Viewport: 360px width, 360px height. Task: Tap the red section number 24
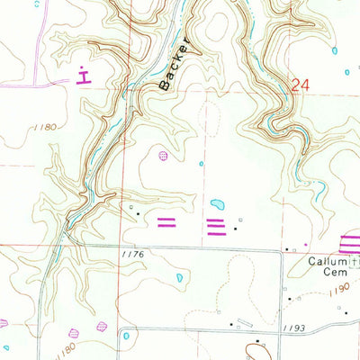click(300, 85)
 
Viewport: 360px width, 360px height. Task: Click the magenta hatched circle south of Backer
click(163, 156)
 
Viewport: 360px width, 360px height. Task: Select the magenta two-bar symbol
click(167, 221)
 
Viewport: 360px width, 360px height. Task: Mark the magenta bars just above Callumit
click(349, 241)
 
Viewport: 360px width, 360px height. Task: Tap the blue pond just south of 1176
click(180, 278)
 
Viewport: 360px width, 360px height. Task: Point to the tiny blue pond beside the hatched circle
click(201, 164)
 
